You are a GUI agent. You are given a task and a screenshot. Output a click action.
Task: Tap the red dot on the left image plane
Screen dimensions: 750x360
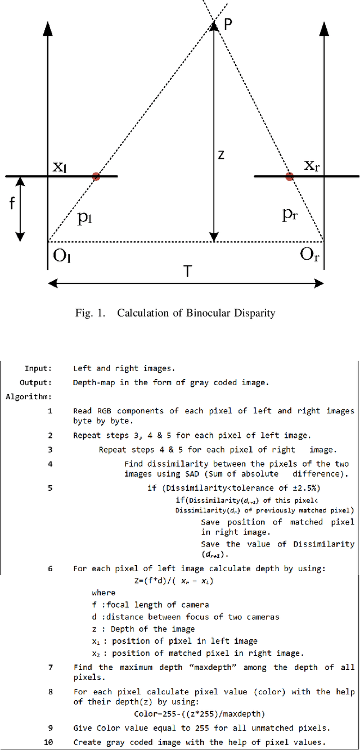click(96, 177)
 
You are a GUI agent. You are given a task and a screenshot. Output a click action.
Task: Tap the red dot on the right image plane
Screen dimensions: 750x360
click(289, 177)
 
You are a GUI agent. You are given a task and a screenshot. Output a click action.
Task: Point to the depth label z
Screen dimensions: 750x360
click(221, 154)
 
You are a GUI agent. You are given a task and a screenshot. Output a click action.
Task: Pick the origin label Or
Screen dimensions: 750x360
click(309, 256)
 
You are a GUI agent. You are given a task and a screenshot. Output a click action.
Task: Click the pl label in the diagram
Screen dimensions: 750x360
click(85, 219)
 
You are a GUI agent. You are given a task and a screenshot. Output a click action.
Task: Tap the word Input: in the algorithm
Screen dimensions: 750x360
click(38, 369)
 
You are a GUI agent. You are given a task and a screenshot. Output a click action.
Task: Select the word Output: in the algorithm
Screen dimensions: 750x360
click(36, 383)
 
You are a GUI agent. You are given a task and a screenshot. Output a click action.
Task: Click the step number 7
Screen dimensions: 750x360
click(50, 667)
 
